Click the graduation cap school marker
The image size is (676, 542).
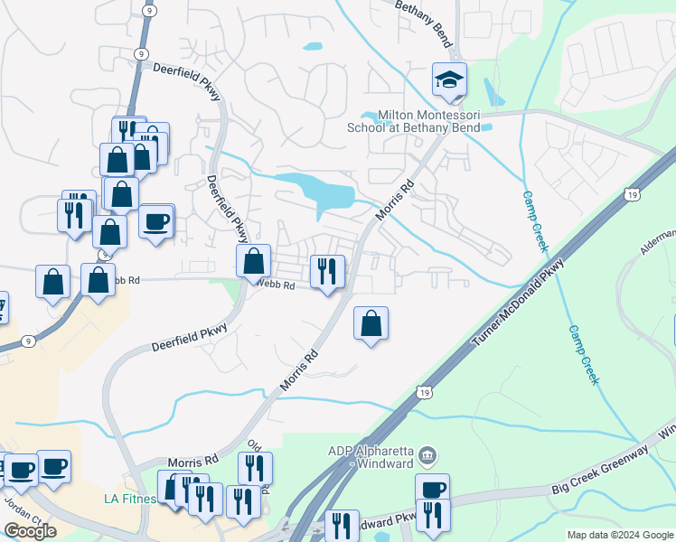point(449,80)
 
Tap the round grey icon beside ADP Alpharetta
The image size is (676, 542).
point(428,453)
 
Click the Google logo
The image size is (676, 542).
point(30,530)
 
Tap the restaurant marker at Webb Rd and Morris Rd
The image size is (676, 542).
point(327,270)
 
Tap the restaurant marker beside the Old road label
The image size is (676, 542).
point(255,468)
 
